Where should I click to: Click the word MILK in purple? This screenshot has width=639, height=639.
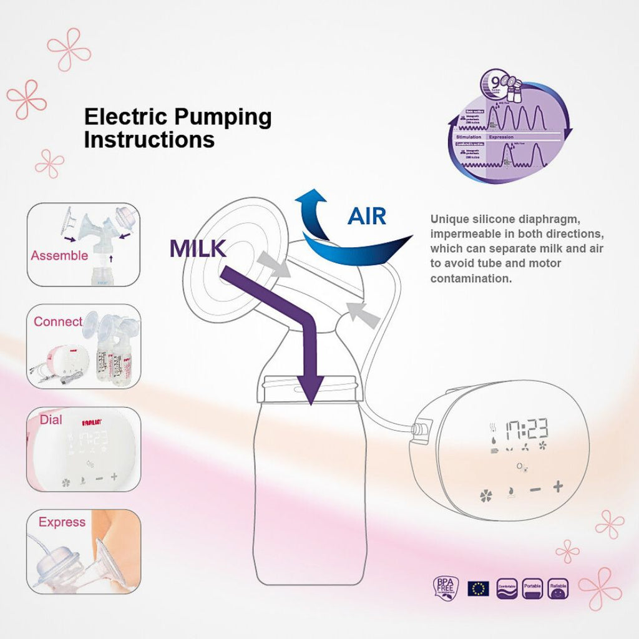[197, 248]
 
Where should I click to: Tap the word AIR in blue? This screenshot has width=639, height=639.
[367, 216]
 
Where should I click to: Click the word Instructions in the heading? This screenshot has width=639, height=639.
[149, 139]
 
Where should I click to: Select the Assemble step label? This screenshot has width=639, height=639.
[59, 255]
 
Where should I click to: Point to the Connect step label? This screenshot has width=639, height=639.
[58, 321]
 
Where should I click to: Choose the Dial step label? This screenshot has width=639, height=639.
[51, 420]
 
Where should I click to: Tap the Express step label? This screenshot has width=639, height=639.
[62, 522]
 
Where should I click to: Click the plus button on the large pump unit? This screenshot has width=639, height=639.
[557, 486]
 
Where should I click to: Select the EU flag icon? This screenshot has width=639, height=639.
[479, 588]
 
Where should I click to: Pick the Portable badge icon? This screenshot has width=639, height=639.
[533, 588]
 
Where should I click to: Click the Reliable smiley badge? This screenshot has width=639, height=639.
[559, 588]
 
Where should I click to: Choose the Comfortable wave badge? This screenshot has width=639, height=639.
[507, 588]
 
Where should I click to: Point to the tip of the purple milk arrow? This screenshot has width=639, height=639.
[310, 403]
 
